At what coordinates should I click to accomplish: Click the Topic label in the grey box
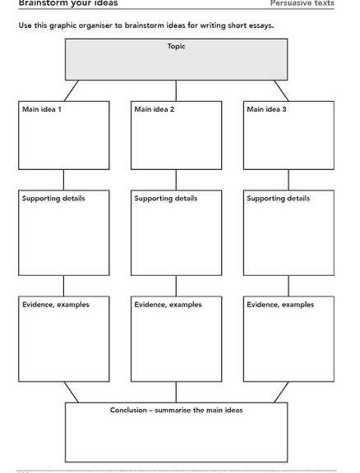pos(177,47)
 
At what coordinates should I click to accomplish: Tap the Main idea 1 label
pos(42,109)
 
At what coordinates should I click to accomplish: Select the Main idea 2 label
pos(155,109)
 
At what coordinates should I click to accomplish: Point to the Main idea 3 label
pos(266,109)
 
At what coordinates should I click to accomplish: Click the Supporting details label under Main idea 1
pos(53,199)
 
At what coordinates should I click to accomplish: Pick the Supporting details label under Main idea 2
pos(166,199)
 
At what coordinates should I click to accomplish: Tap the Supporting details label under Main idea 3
pos(279,199)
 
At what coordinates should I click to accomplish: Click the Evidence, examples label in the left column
pos(56,305)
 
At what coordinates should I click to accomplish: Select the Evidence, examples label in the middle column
pos(168,305)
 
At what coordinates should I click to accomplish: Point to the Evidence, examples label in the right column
pos(280,305)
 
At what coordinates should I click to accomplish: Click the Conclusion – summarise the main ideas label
pos(177,411)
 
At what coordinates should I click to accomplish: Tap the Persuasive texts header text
pos(302,3)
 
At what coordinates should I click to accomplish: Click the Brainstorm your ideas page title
pos(68,3)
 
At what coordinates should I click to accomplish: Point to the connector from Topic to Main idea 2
pos(176,91)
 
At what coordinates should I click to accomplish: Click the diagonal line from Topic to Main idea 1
pos(72,91)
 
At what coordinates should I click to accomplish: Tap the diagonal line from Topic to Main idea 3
pos(281,91)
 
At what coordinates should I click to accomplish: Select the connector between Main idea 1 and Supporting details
pos(63,180)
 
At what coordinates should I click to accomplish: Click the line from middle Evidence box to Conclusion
pos(176,393)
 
